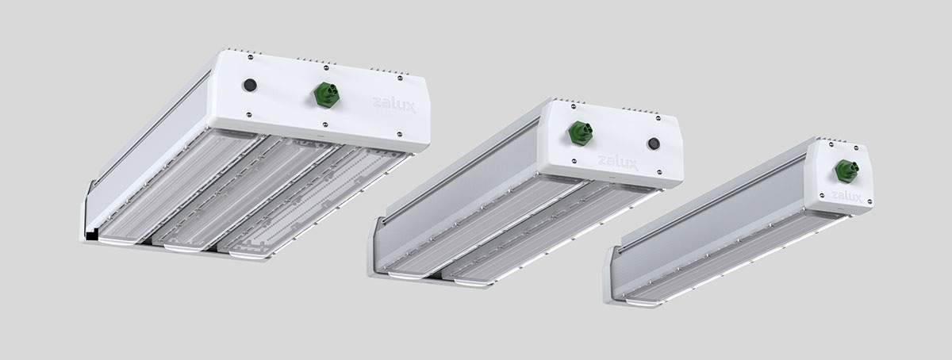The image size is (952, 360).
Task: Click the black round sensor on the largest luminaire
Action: (x=249, y=86)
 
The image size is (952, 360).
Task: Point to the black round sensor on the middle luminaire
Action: (x=653, y=144)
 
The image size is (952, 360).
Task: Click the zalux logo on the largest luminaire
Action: (x=394, y=105)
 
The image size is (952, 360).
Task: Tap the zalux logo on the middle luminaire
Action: (x=618, y=163)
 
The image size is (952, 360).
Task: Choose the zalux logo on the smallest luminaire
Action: (x=846, y=197)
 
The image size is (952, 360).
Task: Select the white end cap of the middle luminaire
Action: (x=611, y=143)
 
